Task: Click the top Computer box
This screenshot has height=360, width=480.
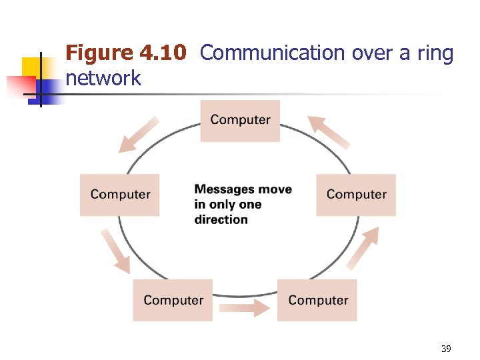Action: coord(240,120)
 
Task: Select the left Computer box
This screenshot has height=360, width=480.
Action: coord(120,195)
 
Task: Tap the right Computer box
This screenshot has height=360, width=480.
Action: coord(356,195)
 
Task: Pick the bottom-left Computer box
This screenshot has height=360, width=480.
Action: coord(173,300)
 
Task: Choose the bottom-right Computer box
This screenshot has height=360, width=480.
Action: coord(317,300)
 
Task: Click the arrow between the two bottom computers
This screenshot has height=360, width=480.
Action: coord(245,308)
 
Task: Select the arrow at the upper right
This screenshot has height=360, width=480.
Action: coord(329,131)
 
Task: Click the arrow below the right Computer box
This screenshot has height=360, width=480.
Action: coord(363,247)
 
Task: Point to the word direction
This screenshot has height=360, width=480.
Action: coord(221,220)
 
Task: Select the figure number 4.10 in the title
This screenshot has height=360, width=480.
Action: coord(163,53)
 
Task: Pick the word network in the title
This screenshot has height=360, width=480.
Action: coord(103,78)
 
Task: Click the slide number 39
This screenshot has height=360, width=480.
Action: coord(446,349)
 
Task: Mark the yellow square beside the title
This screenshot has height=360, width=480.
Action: coord(31,67)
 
